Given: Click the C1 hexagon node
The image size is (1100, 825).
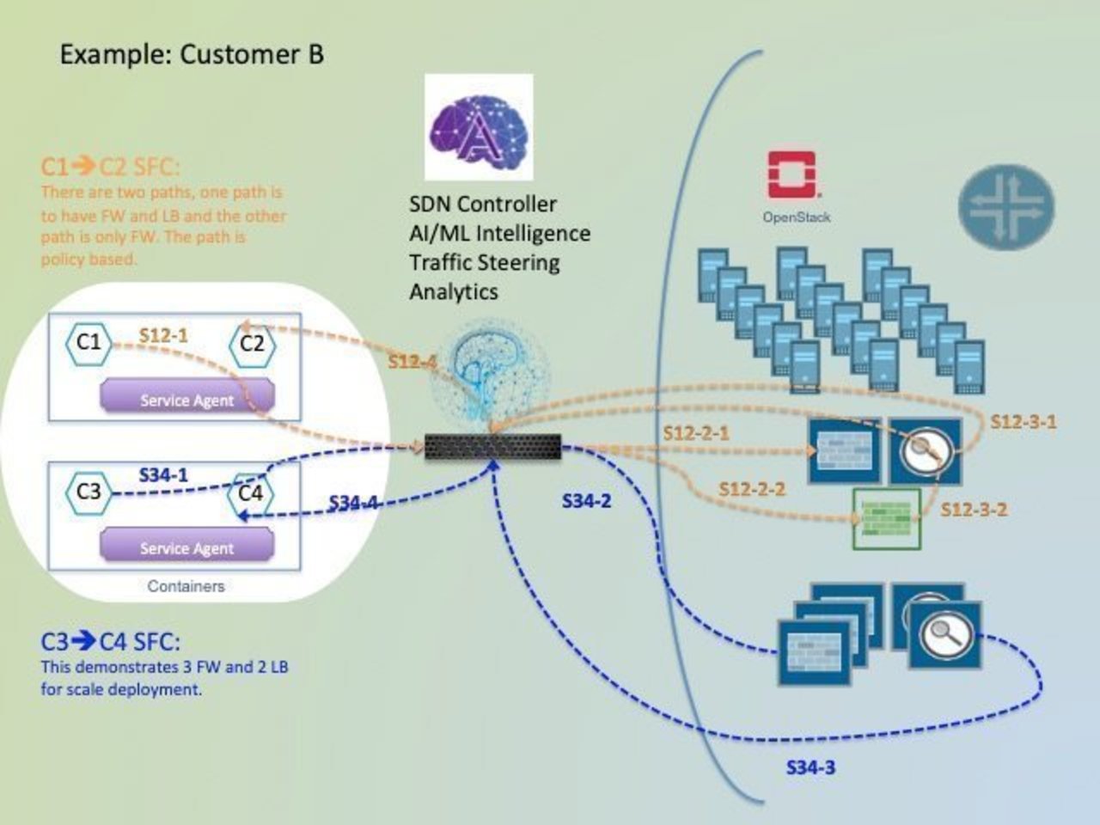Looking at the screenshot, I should (89, 343).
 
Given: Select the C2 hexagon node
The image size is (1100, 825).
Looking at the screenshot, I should (252, 345).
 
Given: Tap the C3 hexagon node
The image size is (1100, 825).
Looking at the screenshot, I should (89, 492).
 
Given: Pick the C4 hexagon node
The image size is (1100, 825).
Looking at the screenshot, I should (250, 493).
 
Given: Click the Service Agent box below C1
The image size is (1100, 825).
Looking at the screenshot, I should (187, 399).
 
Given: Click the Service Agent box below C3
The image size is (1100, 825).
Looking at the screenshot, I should (187, 547).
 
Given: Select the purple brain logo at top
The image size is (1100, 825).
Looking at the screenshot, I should (479, 127).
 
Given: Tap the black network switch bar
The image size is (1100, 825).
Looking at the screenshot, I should (492, 447).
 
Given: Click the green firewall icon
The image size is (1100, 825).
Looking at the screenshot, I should (886, 519).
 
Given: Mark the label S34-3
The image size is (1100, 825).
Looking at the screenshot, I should (810, 767).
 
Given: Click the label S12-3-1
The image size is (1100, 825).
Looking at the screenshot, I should (1024, 421).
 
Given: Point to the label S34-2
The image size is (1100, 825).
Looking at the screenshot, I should (586, 501).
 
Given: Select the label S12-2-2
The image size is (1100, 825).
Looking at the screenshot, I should (752, 489).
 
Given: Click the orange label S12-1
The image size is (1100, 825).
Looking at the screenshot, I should (163, 336).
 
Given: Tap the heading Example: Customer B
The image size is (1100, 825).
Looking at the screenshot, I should (192, 55).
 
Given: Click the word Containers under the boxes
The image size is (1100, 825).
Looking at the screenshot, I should (186, 587).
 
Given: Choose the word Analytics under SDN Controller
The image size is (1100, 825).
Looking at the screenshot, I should (453, 291).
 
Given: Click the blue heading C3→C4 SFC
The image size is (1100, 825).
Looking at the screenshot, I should (111, 642).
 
